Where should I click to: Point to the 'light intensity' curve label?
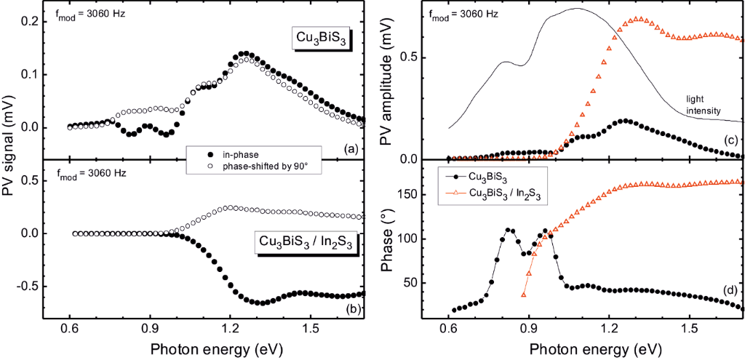(x=703, y=105)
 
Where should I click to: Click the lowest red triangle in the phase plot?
(x=524, y=294)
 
